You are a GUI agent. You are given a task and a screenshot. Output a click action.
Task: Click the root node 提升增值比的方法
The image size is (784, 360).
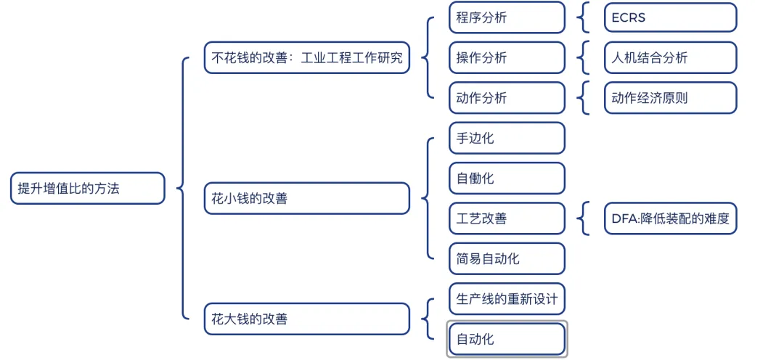[x=88, y=188]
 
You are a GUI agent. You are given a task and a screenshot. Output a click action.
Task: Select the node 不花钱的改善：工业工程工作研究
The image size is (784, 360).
[x=307, y=57]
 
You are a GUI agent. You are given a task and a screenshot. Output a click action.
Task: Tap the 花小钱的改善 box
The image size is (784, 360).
[x=307, y=198]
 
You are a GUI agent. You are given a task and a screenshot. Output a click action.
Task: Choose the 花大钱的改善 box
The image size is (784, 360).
[x=307, y=319]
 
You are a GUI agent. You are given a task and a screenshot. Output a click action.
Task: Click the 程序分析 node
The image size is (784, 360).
[x=507, y=17]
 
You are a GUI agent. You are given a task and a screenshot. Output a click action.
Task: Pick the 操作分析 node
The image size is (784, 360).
[x=507, y=58]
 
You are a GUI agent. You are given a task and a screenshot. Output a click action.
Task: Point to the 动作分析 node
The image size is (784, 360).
[x=507, y=98]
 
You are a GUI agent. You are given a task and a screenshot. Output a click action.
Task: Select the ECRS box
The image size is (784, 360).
[x=670, y=17]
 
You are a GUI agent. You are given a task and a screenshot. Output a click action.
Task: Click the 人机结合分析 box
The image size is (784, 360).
[x=670, y=58]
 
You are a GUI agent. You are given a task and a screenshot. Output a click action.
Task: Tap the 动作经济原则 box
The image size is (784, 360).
[x=670, y=98]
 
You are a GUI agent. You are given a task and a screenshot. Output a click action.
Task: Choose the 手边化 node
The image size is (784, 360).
[x=507, y=138]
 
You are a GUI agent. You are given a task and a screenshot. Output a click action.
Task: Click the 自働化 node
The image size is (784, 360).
[x=507, y=178]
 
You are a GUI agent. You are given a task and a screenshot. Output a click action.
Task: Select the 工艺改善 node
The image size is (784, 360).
[x=507, y=218]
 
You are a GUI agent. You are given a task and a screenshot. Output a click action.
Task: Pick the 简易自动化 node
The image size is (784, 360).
[x=507, y=258]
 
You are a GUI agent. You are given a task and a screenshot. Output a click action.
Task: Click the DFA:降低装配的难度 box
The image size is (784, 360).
[x=670, y=218]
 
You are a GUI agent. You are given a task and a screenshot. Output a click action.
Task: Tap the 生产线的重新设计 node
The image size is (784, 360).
[x=507, y=298]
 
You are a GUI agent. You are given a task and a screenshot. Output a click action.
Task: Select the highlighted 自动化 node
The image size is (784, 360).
[x=507, y=339]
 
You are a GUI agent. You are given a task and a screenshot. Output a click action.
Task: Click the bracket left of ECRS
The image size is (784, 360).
[x=584, y=17]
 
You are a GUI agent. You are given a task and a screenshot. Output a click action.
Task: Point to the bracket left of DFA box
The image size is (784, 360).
[x=584, y=218]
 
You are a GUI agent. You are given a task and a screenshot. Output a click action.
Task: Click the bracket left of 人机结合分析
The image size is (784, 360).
[x=584, y=58]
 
